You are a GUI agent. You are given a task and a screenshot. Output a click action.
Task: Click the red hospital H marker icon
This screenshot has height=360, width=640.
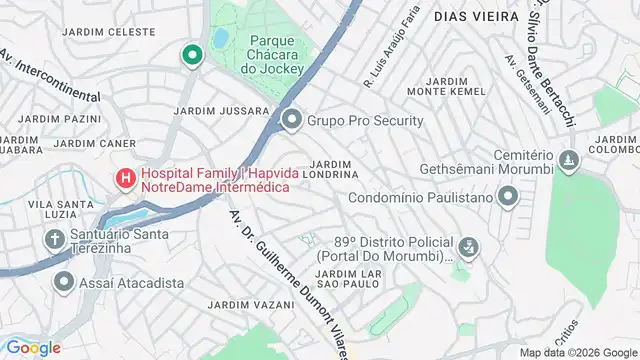(x=126, y=179)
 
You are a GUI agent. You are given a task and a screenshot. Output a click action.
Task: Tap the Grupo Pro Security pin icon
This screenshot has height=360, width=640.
(x=292, y=122)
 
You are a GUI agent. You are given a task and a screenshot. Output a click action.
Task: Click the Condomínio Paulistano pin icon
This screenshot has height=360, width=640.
(x=508, y=197)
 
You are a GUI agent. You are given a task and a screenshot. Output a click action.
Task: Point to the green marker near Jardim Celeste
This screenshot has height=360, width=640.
(x=190, y=55)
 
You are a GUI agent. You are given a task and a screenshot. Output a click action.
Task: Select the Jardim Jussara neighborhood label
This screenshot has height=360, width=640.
(x=221, y=110)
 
